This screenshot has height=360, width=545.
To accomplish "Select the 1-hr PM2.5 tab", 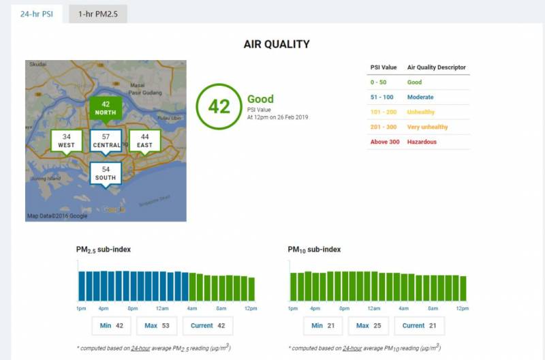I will [97, 14].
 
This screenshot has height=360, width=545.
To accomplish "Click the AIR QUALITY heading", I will [277, 44].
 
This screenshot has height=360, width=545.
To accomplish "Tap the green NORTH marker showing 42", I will [106, 108].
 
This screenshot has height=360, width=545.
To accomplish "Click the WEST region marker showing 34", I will [66, 140].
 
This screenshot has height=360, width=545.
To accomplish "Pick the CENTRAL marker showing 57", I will [106, 140].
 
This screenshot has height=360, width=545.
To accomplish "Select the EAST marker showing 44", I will [144, 140].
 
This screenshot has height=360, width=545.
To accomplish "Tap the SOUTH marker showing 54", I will [106, 172].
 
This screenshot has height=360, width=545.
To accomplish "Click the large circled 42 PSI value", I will [219, 107].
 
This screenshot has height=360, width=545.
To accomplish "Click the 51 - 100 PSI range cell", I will [382, 97].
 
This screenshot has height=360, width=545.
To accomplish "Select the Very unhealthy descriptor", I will [427, 127].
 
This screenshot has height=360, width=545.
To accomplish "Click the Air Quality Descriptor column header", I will [437, 67].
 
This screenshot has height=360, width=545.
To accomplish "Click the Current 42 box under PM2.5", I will [208, 326].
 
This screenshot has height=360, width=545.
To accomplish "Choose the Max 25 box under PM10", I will [368, 326].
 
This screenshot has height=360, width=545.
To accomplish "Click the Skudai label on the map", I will [38, 64].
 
